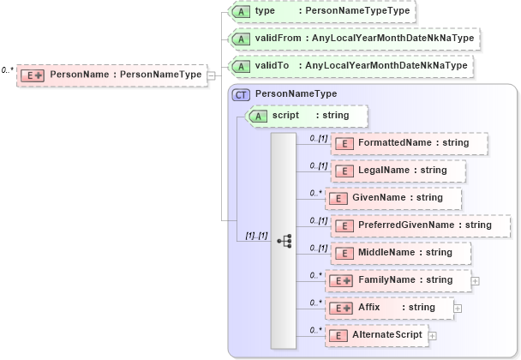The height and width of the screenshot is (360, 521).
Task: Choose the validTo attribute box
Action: pyautogui.click(x=352, y=65)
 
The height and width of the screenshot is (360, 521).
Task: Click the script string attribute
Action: pyautogui.click(x=308, y=115)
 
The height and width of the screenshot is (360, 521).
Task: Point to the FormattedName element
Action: pyautogui.click(x=410, y=142)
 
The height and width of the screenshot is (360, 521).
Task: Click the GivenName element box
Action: pyautogui.click(x=393, y=198)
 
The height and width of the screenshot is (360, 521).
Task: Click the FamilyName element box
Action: pyautogui.click(x=398, y=279)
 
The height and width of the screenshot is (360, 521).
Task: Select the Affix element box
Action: pyautogui.click(x=390, y=307)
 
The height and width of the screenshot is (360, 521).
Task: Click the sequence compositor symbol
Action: pyautogui.click(x=285, y=242)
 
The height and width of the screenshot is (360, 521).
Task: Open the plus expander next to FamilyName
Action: pyautogui.click(x=475, y=280)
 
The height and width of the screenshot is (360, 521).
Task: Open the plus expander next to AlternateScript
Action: pyautogui.click(x=432, y=336)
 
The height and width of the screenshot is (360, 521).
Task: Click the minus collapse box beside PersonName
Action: pyautogui.click(x=211, y=75)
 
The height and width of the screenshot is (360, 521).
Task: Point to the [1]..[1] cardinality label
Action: pyautogui.click(x=257, y=235)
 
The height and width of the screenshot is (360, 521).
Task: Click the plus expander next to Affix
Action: pyautogui.click(x=458, y=308)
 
